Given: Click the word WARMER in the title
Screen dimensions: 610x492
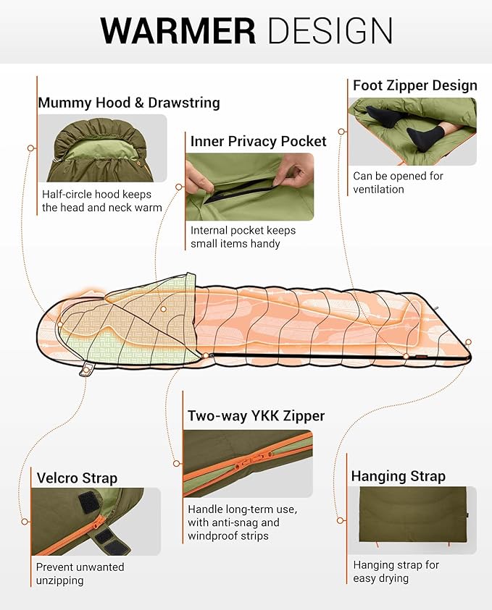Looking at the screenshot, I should coord(178,30).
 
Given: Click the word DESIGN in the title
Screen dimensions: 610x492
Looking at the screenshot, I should coord(330,30).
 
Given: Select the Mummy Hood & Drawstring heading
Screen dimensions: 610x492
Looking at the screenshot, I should coord(128,103).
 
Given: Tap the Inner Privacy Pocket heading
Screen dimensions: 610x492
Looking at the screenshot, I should coord(258,141).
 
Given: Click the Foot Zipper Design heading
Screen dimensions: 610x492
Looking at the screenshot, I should coord(414,85).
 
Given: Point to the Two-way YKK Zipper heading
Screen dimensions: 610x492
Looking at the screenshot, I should coord(256,416).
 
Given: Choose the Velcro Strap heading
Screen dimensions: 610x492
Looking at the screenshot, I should coord(76,478).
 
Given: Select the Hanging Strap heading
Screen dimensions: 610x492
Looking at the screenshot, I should coord(398,476).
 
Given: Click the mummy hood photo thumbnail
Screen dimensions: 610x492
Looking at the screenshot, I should coord(101,148).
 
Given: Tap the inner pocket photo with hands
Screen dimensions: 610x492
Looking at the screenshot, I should coord(250,187).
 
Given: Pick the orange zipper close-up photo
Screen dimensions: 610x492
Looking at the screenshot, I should coord(247,464).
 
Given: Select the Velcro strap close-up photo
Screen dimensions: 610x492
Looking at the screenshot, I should coord(96,521).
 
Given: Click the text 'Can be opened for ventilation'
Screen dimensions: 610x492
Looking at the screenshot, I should coord(397,182).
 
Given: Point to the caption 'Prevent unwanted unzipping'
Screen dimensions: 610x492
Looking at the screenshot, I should coord(80,573).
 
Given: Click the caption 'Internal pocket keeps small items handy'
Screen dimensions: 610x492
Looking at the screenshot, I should coord(243,237).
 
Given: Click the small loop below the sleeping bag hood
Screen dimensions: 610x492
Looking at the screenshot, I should coord(86,371).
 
